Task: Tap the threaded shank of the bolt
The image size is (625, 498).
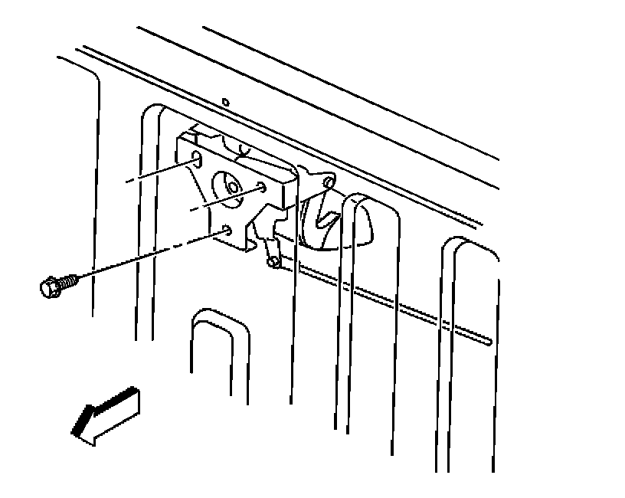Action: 68,280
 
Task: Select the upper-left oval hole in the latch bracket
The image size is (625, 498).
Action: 195,159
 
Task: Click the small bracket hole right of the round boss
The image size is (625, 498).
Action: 263,187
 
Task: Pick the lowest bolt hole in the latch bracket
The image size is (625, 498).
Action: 228,229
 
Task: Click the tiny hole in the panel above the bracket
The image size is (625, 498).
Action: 224,101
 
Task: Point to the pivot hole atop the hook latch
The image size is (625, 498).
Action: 329,182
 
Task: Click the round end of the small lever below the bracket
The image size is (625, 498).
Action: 273,262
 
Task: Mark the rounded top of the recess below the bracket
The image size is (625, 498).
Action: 220,316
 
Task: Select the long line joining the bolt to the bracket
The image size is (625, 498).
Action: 138,259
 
